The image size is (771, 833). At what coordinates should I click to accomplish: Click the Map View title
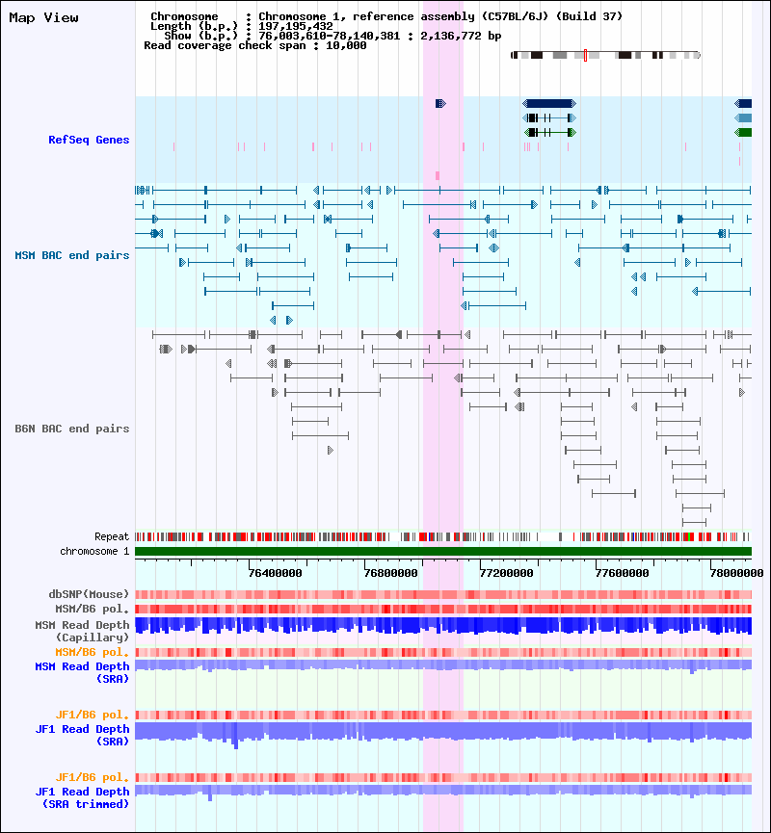point(43,17)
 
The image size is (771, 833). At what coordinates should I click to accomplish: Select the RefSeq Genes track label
point(89,141)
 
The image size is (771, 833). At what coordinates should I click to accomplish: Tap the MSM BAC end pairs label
point(72,255)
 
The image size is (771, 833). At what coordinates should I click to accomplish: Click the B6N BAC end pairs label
point(72,429)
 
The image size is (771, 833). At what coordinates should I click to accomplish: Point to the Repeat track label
point(112,536)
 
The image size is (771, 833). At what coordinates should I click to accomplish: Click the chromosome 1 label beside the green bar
point(94,551)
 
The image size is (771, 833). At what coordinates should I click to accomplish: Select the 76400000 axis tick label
point(275,573)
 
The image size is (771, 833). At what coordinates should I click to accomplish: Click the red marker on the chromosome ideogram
point(585,56)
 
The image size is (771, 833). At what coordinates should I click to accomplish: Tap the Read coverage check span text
point(254,45)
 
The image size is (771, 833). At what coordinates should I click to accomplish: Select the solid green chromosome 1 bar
point(442,551)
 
